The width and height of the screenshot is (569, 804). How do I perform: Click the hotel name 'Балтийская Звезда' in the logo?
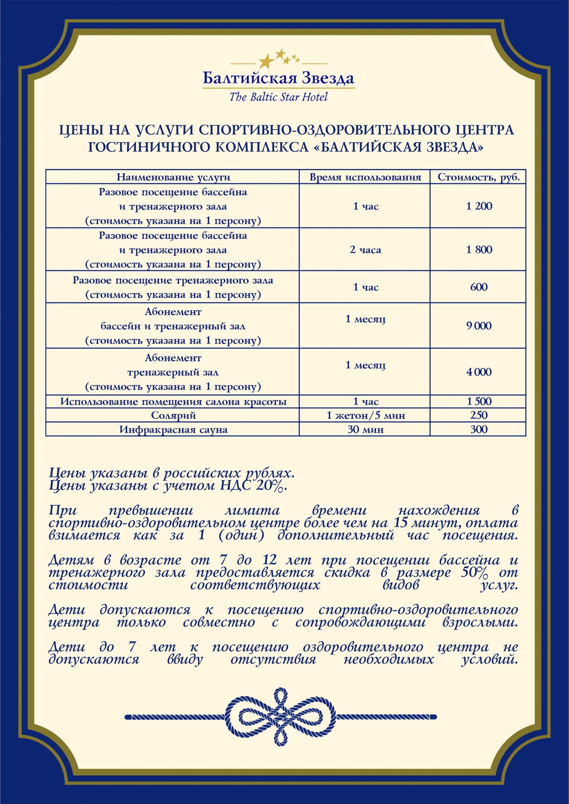(x=279, y=78)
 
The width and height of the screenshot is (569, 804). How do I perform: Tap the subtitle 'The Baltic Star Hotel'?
(x=279, y=97)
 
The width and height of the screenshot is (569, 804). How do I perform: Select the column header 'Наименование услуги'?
(x=173, y=177)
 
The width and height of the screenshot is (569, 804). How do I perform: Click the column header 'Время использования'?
(x=365, y=177)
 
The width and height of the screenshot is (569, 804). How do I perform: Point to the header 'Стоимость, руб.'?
(x=479, y=177)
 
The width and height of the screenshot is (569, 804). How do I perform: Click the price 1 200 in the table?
(x=479, y=206)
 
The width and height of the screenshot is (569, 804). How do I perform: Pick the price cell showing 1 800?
(x=479, y=249)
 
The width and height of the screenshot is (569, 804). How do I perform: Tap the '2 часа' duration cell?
(x=365, y=250)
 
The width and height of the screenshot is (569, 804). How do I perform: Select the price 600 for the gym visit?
(x=479, y=287)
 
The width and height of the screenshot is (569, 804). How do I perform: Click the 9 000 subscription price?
(x=479, y=326)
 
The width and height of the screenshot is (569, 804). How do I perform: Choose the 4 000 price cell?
(x=479, y=372)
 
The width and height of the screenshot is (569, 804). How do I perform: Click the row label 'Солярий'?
(x=173, y=415)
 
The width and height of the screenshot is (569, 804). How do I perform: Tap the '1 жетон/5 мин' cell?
(x=365, y=415)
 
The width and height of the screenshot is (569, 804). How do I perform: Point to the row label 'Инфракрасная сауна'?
(x=173, y=429)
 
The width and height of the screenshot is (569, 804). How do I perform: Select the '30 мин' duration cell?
(x=365, y=429)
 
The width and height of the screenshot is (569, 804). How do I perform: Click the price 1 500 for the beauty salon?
(x=479, y=401)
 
